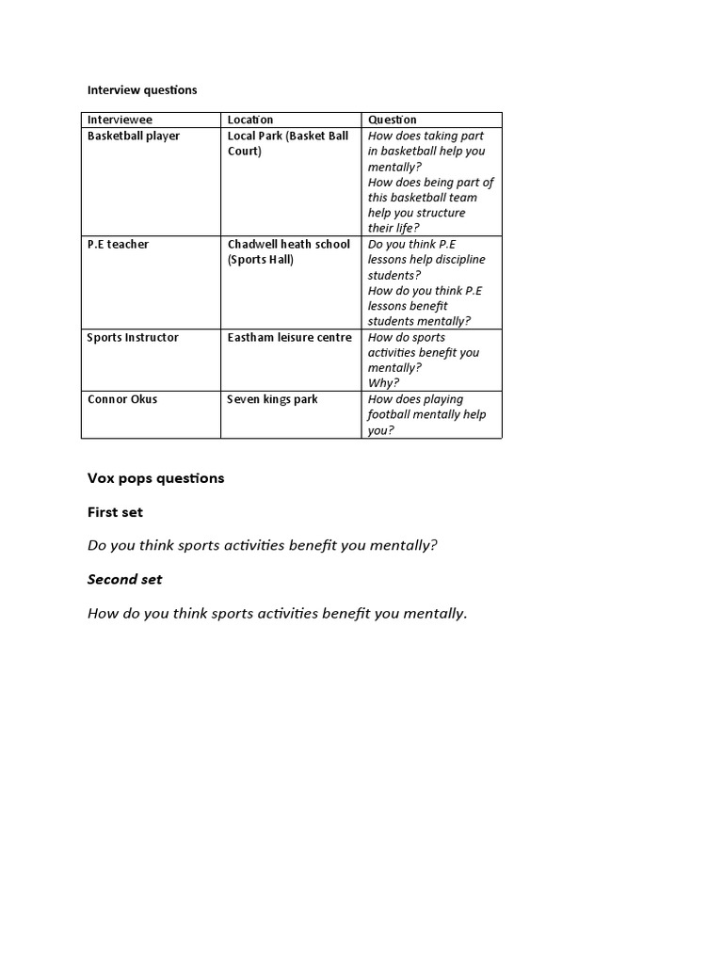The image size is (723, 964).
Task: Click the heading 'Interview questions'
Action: pos(142,90)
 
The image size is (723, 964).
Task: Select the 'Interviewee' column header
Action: pos(120,120)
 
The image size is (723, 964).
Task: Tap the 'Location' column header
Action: pos(250,120)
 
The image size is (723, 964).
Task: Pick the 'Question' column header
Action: pos(393,120)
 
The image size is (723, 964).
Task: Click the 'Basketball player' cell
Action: pos(134,137)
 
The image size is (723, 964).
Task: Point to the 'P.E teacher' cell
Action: pos(118,245)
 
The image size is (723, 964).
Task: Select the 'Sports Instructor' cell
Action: pos(133,338)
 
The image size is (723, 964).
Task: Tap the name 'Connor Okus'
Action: pos(122,400)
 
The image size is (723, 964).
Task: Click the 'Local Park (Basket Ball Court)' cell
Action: pos(287,143)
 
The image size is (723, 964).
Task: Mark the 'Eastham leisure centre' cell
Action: pos(289,338)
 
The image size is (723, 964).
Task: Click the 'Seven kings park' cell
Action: pos(272,400)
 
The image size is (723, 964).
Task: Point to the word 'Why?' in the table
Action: pos(383,383)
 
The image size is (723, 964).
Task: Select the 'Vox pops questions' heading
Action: pos(156,478)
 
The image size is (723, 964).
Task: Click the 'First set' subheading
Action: pos(115,512)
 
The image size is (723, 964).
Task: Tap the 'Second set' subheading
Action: pos(125,580)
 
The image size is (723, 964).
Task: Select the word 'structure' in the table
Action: pos(442,213)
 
